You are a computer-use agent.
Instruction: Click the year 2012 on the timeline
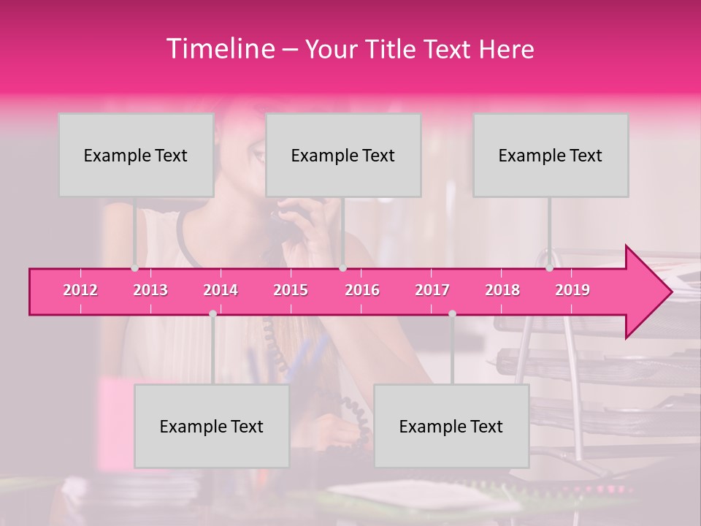click(x=80, y=290)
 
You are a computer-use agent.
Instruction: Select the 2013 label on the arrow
click(x=150, y=290)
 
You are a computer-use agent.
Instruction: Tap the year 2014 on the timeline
click(x=221, y=290)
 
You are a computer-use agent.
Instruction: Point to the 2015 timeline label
click(x=291, y=290)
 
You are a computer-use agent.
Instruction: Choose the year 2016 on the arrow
click(x=362, y=290)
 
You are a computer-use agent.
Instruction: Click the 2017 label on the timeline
click(x=432, y=290)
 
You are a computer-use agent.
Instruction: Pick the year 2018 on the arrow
click(x=502, y=290)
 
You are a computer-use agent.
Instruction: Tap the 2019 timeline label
click(x=572, y=290)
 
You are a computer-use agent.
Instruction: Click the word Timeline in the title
click(x=219, y=49)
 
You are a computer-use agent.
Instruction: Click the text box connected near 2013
click(x=136, y=155)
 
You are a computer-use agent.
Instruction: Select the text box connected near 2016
click(x=343, y=155)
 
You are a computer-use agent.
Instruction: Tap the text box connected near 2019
click(x=551, y=155)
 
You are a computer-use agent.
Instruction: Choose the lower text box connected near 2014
click(x=212, y=426)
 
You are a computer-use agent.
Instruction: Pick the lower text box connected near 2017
click(x=451, y=426)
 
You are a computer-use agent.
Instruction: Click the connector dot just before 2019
click(x=549, y=268)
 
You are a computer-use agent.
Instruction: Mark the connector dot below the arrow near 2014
click(x=212, y=313)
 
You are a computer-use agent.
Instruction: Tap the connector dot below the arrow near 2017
click(x=452, y=313)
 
